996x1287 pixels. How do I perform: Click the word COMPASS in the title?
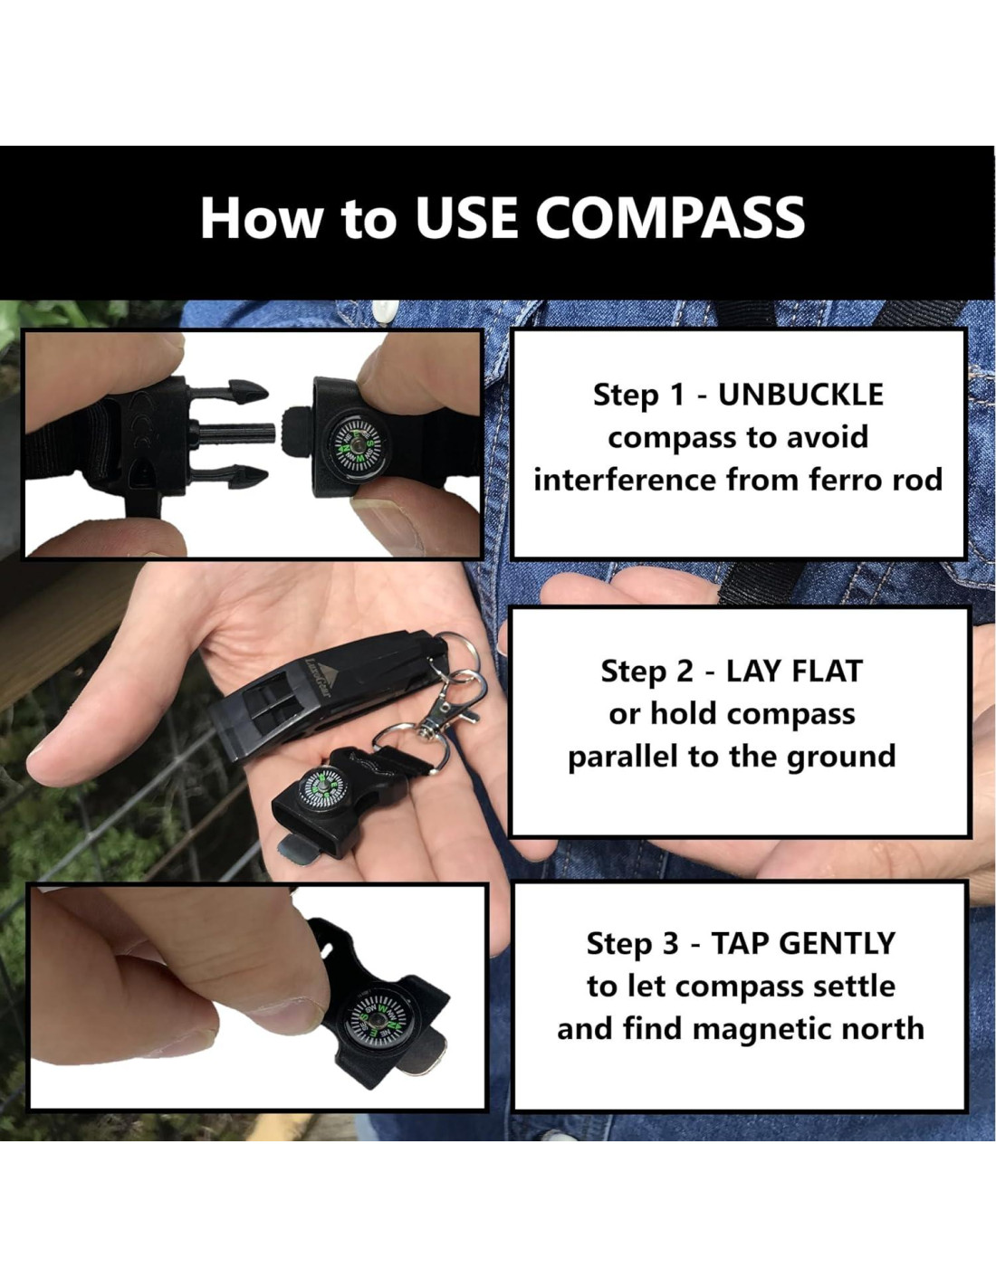tap(670, 218)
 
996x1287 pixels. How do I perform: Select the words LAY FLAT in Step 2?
tap(794, 672)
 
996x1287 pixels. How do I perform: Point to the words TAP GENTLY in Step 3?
tap(802, 943)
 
